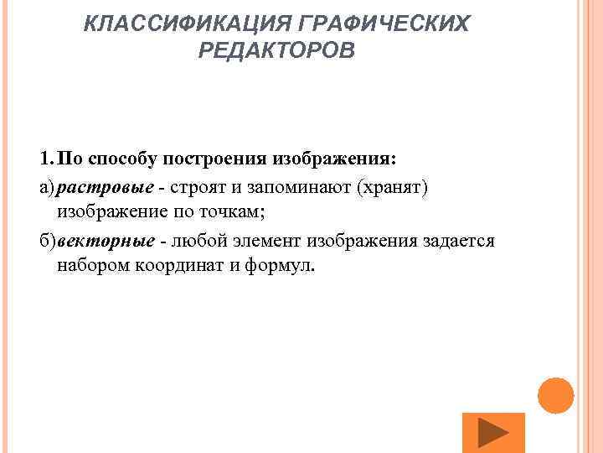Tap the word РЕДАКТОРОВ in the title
coord(277,50)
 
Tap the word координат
coord(179,268)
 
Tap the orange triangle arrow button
coord(492,433)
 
